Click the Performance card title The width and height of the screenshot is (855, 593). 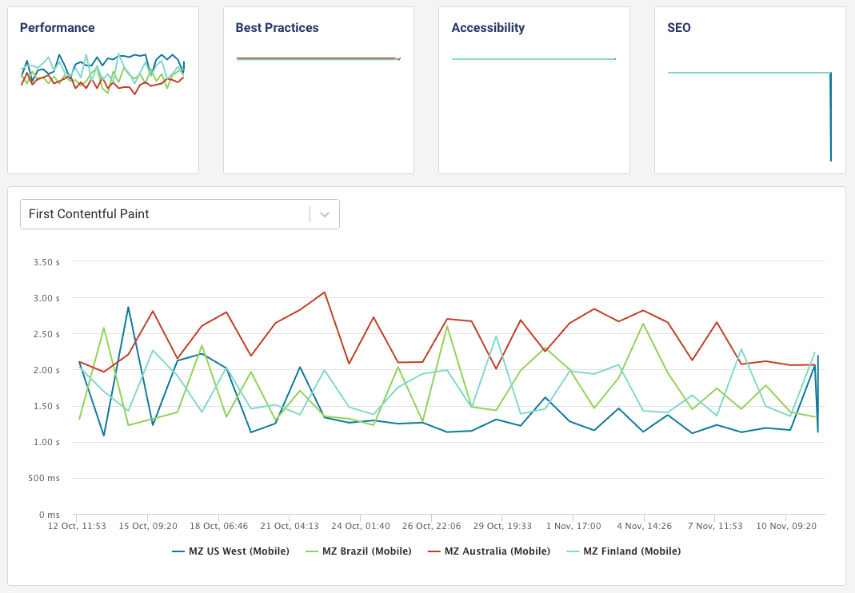coord(57,28)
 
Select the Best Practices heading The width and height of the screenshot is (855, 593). coord(277,28)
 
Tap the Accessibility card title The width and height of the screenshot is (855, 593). coord(488,28)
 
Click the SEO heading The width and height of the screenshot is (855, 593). coord(679,28)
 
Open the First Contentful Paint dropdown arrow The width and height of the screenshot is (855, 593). coord(325,214)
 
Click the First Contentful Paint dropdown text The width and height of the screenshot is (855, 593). coord(89,214)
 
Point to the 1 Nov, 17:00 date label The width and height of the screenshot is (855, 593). coord(573,527)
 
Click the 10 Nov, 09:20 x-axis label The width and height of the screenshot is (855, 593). coord(786,527)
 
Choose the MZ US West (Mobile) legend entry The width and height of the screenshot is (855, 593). coord(231,551)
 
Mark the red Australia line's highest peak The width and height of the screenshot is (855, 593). coord(325,292)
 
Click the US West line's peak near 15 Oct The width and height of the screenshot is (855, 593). coord(128,307)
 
